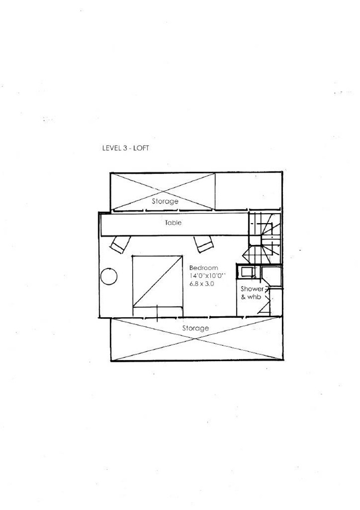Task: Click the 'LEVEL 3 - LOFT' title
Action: pos(125,149)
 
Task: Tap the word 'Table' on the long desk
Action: pos(173,223)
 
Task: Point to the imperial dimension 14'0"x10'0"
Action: pos(208,277)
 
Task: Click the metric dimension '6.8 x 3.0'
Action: pos(202,285)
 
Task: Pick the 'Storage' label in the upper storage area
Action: pos(165,202)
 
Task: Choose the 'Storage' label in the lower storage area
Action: pos(195,328)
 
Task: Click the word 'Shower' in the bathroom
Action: pos(252,288)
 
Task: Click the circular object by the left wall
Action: pos(109,276)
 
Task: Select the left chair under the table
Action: pos(119,244)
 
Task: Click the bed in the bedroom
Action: pos(158,282)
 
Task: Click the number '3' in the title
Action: pos(125,149)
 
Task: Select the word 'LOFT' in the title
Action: pos(141,149)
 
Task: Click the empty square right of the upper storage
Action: pos(248,192)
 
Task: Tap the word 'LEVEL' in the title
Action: pos(112,149)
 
